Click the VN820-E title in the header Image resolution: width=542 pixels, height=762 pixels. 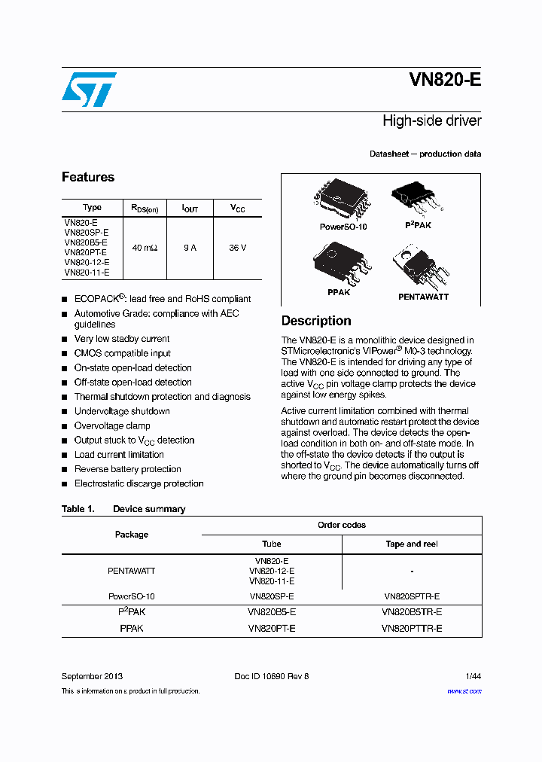point(445,81)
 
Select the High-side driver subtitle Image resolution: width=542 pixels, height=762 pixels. point(431,120)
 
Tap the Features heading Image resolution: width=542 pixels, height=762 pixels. point(88,177)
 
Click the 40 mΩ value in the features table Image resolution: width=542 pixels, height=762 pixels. point(145,248)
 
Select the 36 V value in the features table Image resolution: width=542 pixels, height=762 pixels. point(237,248)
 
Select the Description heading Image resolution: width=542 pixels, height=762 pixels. point(316,321)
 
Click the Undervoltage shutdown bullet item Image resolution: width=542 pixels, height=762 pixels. point(122,411)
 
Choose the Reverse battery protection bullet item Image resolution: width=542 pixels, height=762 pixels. point(127,469)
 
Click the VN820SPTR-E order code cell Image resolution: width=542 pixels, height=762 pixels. point(412,596)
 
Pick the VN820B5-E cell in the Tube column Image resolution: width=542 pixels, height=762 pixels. point(271,612)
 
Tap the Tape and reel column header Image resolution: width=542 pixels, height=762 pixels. point(412,544)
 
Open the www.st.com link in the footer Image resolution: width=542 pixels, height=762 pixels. point(464,690)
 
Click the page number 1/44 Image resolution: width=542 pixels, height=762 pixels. point(472,676)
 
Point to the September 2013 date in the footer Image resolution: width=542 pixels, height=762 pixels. point(92,676)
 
